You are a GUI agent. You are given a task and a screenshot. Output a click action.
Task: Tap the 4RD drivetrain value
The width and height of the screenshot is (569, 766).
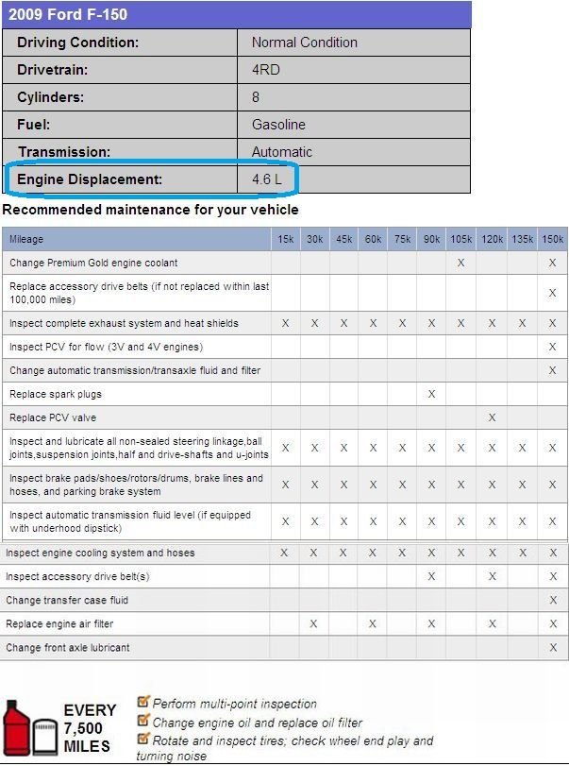click(265, 70)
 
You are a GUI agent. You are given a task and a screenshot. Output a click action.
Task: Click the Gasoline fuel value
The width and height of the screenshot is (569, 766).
click(278, 125)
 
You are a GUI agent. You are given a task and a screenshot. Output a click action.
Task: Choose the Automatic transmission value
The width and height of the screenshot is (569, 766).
click(281, 152)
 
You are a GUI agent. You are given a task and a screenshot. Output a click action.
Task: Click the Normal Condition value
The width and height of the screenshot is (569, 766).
click(304, 43)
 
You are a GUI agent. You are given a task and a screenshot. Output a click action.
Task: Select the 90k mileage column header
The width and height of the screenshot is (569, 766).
click(431, 240)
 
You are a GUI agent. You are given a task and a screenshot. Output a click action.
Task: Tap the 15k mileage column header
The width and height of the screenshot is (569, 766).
click(285, 240)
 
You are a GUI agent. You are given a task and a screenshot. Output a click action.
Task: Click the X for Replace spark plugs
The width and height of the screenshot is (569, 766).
click(431, 394)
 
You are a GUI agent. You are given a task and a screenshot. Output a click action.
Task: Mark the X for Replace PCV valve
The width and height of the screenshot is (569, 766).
click(492, 417)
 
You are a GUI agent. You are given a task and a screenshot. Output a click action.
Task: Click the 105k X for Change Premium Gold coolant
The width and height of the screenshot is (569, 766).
click(461, 263)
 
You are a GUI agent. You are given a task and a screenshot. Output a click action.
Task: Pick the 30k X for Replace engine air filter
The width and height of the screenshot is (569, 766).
click(314, 624)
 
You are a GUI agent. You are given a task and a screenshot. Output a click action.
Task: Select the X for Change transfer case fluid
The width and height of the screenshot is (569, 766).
click(552, 601)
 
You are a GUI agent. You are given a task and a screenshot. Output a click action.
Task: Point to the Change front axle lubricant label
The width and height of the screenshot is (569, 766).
click(68, 648)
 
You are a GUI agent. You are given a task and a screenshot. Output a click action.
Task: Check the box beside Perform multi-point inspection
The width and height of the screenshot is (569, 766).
click(143, 702)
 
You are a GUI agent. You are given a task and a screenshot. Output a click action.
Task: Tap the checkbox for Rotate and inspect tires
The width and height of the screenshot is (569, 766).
click(143, 739)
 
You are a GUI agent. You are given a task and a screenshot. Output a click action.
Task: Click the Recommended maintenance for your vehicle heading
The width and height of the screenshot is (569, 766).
click(151, 210)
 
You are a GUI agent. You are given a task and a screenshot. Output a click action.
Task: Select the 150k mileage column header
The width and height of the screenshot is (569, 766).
click(552, 240)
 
